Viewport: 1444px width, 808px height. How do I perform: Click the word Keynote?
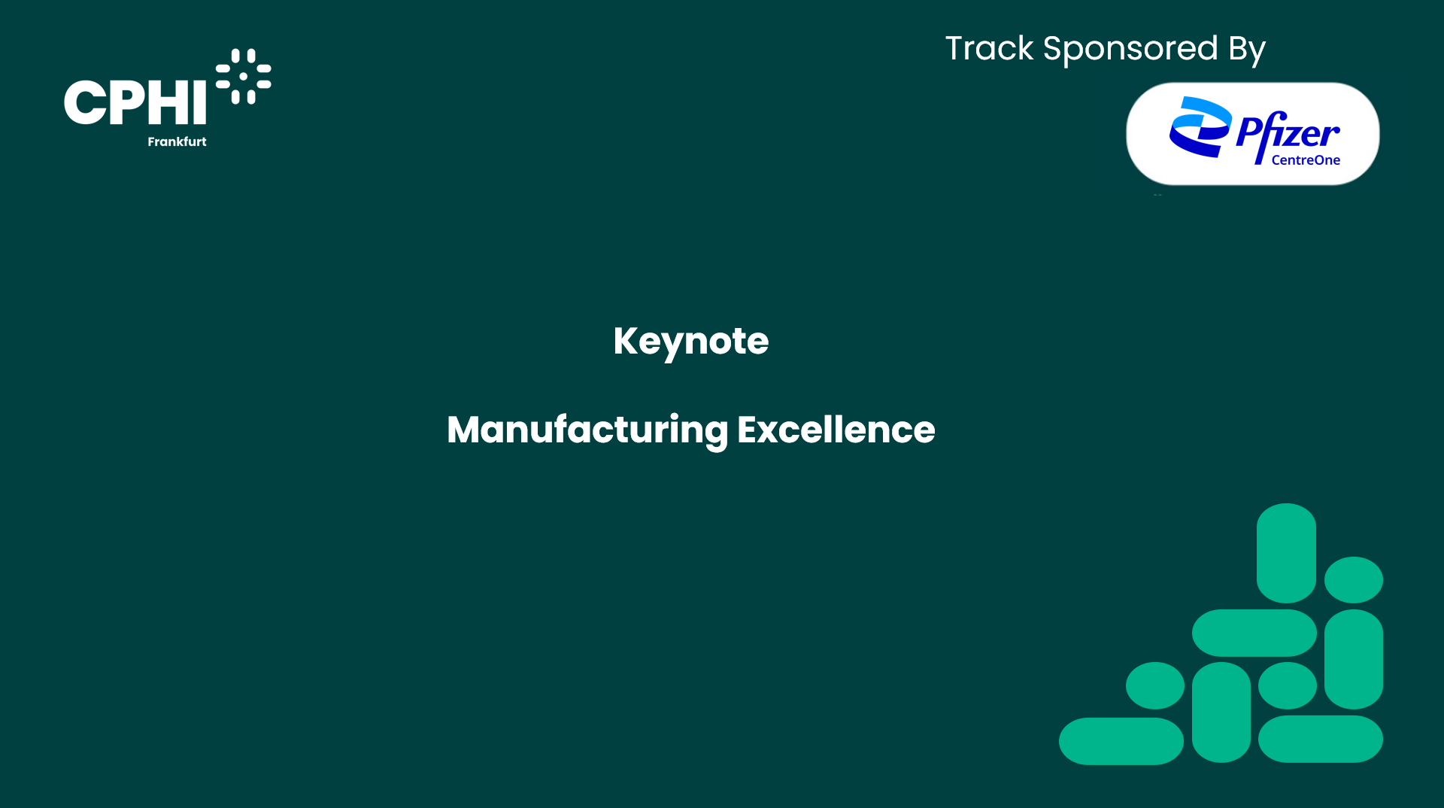point(690,342)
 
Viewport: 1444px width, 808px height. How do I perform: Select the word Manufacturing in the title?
point(587,430)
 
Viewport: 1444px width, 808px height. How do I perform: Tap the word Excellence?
point(836,430)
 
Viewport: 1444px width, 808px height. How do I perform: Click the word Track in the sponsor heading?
point(989,49)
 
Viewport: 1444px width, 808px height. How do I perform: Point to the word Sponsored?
point(1130,50)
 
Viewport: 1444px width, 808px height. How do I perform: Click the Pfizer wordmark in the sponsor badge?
point(1288,133)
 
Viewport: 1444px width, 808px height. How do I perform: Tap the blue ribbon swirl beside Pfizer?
point(1200,126)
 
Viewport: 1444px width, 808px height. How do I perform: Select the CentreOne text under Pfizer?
point(1306,159)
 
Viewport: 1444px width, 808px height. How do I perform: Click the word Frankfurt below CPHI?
point(177,141)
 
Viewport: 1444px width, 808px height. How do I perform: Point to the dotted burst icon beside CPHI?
point(243,76)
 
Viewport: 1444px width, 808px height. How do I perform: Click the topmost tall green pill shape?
point(1286,553)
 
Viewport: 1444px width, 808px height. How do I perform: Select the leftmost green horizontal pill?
point(1121,741)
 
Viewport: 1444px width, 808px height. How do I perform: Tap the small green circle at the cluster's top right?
point(1354,580)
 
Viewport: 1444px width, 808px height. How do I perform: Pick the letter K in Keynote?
point(626,341)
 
